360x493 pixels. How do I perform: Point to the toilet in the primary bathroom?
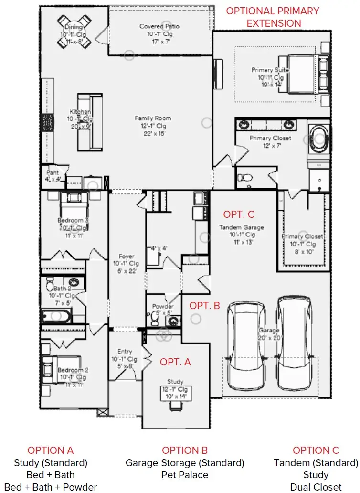(x=246, y=177)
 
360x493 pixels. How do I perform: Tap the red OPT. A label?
(x=175, y=362)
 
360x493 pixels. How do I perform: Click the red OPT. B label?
(x=205, y=306)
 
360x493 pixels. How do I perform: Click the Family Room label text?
(x=153, y=118)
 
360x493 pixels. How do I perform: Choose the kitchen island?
(x=90, y=122)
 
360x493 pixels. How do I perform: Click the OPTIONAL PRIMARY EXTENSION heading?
(x=273, y=17)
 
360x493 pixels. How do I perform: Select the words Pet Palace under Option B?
(x=185, y=475)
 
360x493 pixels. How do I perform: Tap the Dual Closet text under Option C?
(x=316, y=487)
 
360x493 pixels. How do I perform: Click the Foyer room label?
(x=126, y=257)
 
